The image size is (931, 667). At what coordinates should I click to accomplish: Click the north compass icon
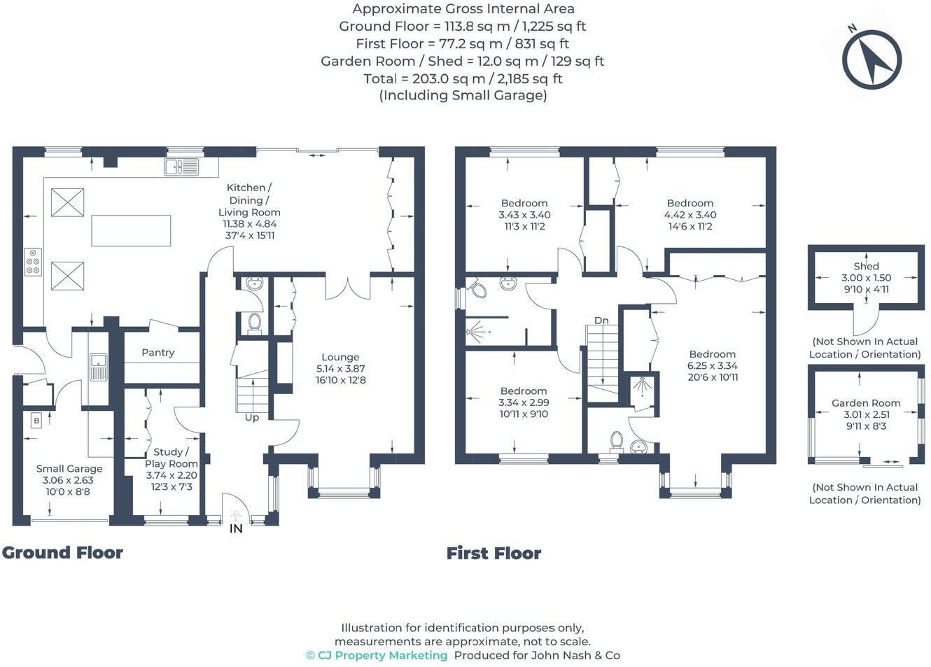point(871,59)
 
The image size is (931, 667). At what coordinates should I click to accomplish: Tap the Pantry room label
point(158,353)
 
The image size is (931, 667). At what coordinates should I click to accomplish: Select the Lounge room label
point(340,357)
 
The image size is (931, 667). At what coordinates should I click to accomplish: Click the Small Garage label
point(69,469)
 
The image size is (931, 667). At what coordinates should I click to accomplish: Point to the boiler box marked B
point(36,421)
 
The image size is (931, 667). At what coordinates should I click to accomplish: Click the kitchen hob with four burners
point(33,262)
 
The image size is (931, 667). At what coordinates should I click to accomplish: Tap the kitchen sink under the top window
point(181,167)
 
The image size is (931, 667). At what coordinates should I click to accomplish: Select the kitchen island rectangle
point(131,230)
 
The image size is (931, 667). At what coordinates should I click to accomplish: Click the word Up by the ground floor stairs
point(252,417)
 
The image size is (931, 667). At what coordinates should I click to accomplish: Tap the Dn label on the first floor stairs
point(601,321)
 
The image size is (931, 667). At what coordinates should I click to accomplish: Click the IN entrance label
point(236,528)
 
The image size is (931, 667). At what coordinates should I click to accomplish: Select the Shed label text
point(866,267)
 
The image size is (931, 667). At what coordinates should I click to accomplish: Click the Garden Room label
point(866,403)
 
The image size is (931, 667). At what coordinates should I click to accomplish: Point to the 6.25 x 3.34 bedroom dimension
point(713,365)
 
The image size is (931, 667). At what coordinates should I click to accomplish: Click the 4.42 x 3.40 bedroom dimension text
point(690,215)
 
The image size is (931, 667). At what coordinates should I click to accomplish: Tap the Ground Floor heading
point(62,553)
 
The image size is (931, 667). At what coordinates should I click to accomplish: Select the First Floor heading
point(493,554)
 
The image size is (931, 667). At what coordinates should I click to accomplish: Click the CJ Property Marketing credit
point(377,656)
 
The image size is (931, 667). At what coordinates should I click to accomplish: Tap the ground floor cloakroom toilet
point(254,323)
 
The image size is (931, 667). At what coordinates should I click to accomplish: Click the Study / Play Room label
point(171,458)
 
